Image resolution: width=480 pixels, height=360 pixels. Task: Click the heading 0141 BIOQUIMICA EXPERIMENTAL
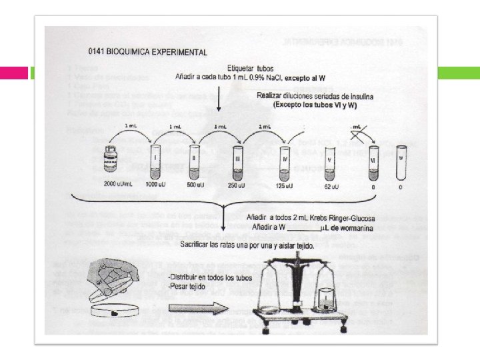(147, 51)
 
